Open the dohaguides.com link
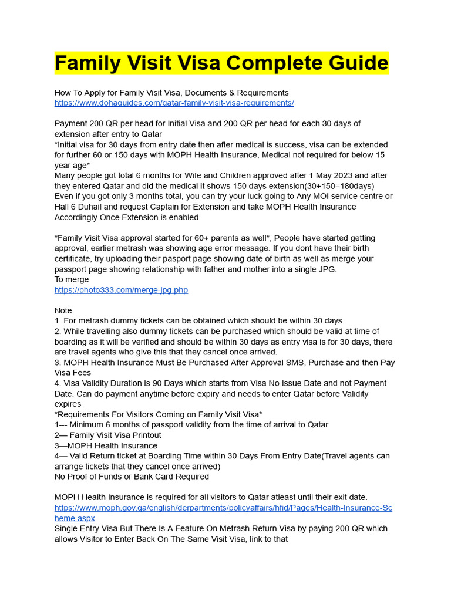pos(174,103)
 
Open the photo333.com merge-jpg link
pos(121,290)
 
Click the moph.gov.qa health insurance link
pos(223,508)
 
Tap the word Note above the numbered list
pos(63,310)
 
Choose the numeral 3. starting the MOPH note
pos(58,363)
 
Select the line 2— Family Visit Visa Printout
pos(107,435)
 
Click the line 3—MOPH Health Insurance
pos(106,445)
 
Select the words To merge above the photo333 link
pos(72,279)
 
